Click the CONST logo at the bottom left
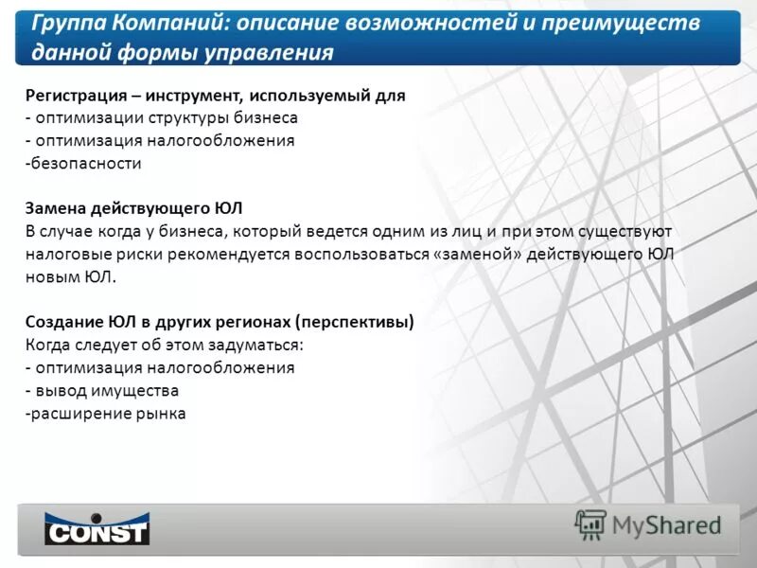click(97, 528)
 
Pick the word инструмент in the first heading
click(197, 96)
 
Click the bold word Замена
click(56, 208)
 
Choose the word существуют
click(619, 231)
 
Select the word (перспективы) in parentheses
click(354, 322)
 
